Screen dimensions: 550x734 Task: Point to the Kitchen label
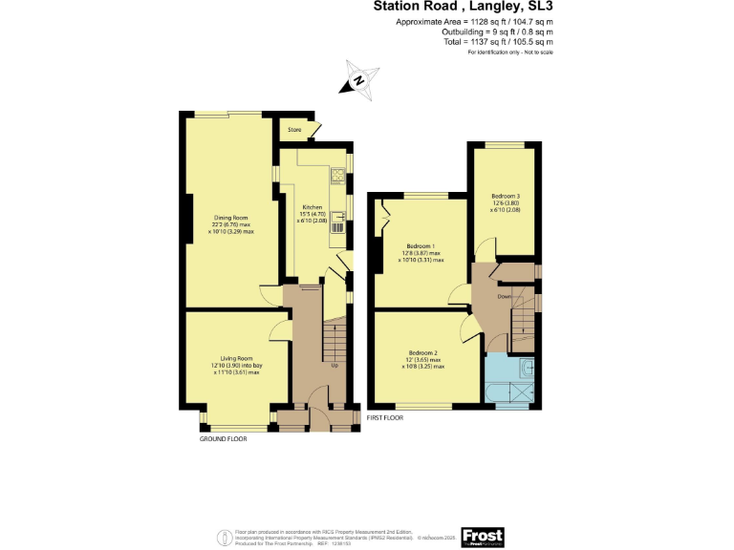313,207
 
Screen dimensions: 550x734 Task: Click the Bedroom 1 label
420,244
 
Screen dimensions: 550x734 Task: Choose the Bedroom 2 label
422,352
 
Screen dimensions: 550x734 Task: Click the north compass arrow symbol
358,80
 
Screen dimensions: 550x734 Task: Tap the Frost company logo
481,536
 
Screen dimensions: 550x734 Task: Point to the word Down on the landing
504,296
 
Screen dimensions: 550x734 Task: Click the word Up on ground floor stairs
334,366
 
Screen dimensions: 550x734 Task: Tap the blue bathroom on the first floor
510,382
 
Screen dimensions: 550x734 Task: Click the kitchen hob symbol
337,175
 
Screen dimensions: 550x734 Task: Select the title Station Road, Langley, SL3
463,7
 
